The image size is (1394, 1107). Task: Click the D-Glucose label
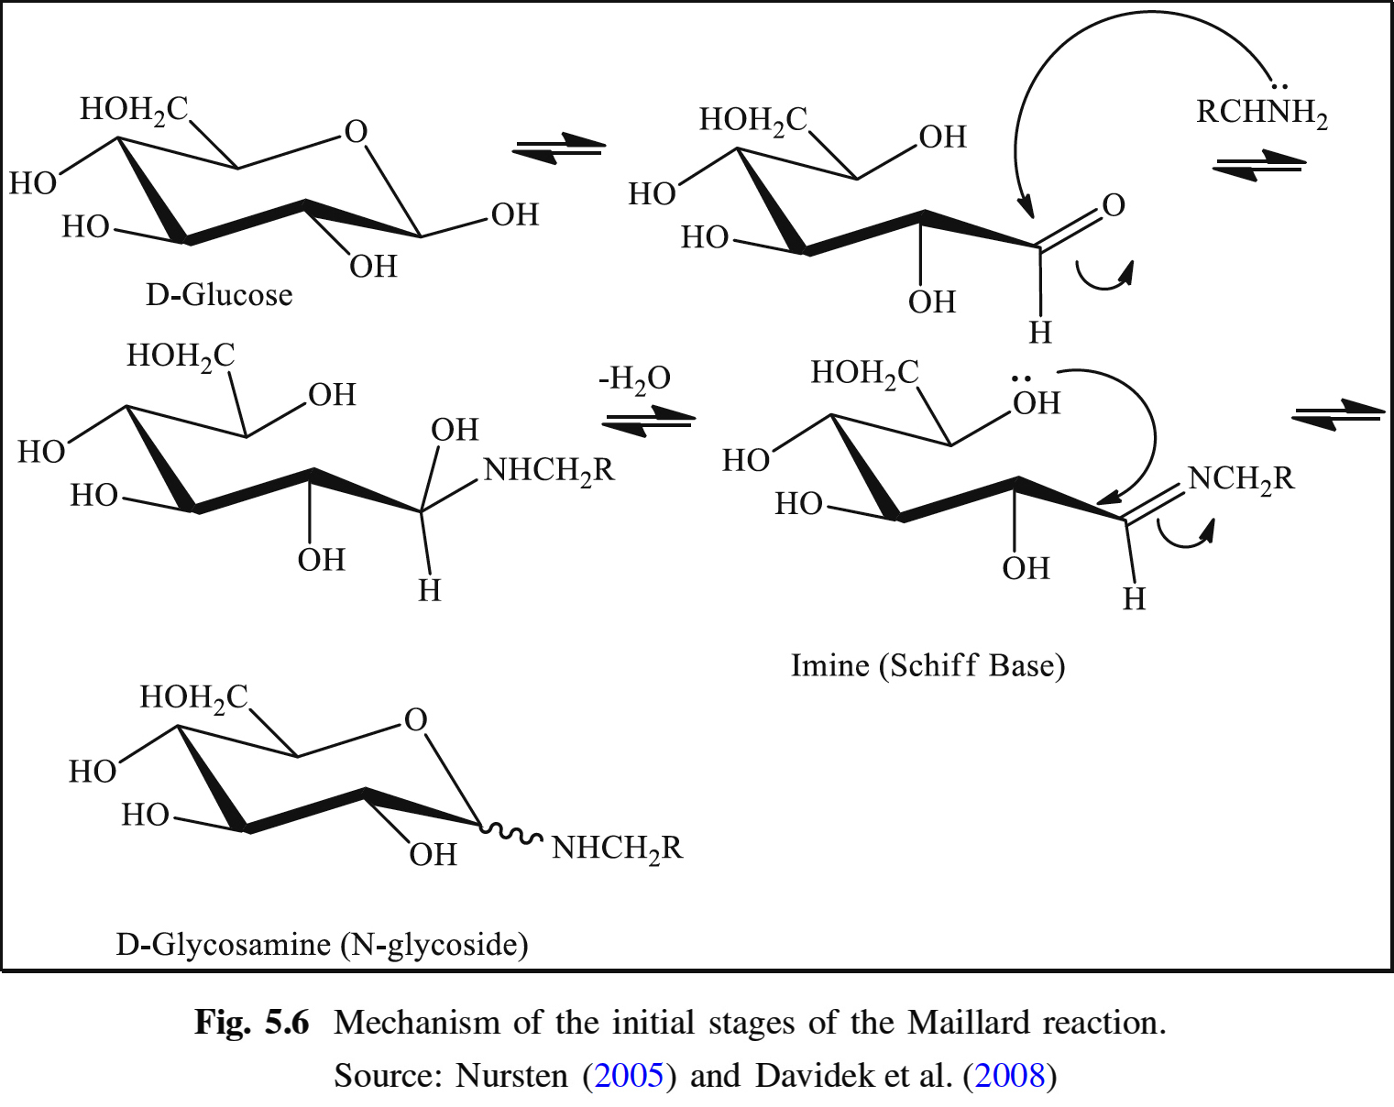(x=219, y=295)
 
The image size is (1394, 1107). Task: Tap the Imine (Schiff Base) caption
(x=928, y=665)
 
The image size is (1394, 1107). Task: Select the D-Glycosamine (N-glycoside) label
(x=322, y=944)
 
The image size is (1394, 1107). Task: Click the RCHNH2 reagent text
(x=1261, y=113)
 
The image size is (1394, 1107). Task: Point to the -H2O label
(x=634, y=378)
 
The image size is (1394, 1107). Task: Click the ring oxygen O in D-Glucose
(x=356, y=132)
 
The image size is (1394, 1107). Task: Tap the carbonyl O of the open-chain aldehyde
(x=1114, y=204)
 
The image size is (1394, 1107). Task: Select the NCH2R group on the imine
(x=1241, y=478)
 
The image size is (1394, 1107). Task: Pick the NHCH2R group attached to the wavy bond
(x=617, y=849)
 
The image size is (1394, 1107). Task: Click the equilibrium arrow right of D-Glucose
(x=559, y=148)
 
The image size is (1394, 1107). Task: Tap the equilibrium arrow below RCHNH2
(x=1259, y=166)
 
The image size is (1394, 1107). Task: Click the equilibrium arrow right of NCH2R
(x=1337, y=414)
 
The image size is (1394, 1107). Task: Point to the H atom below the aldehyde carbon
(x=1040, y=332)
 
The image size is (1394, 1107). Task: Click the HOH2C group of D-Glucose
(x=134, y=110)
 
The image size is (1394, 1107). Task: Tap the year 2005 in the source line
(x=629, y=1075)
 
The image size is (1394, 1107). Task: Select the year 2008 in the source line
(x=1010, y=1075)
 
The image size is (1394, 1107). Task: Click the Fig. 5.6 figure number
(x=252, y=1022)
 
